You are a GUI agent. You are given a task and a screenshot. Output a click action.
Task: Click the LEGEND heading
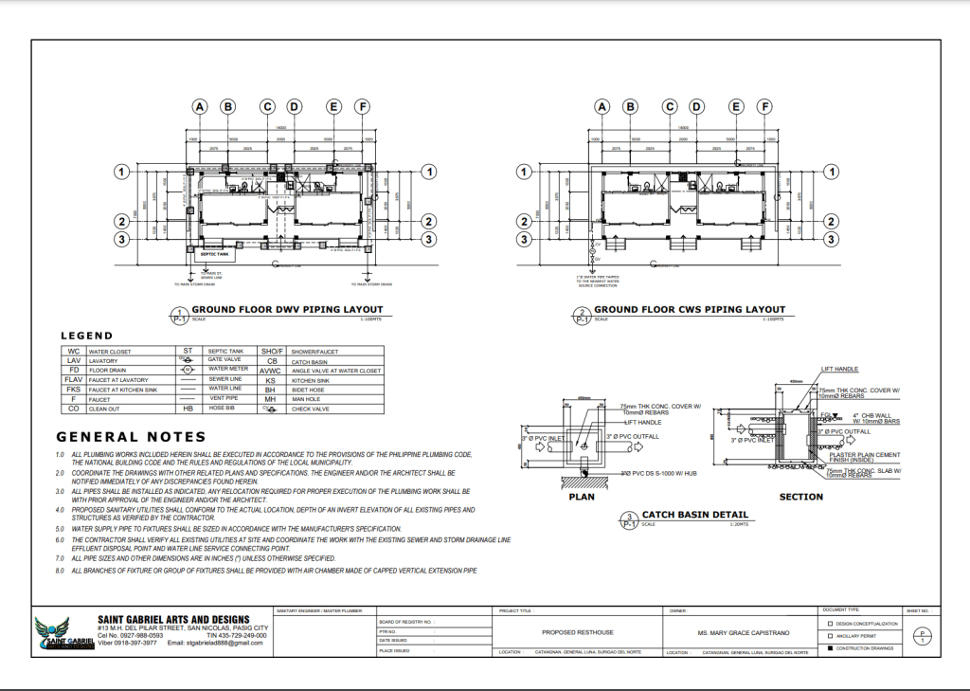pyautogui.click(x=86, y=336)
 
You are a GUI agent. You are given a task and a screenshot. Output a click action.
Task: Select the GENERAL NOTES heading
pyautogui.click(x=131, y=437)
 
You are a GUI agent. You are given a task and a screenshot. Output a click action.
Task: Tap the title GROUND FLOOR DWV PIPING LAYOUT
pyautogui.click(x=287, y=309)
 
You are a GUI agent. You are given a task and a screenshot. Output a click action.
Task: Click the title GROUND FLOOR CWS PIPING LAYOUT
pyautogui.click(x=690, y=309)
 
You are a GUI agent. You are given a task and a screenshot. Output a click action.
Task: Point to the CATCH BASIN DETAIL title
pyautogui.click(x=695, y=515)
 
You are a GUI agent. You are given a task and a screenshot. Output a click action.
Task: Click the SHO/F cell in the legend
pyautogui.click(x=273, y=351)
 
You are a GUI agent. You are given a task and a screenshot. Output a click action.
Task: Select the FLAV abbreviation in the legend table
pyautogui.click(x=72, y=379)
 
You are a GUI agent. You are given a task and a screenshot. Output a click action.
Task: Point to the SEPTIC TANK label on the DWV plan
pyautogui.click(x=214, y=254)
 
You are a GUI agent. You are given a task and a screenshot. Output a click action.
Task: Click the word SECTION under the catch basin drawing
pyautogui.click(x=801, y=497)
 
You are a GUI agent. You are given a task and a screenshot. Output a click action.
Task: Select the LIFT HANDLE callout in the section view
pyautogui.click(x=841, y=368)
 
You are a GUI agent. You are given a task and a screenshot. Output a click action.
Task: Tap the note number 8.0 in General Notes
pyautogui.click(x=60, y=572)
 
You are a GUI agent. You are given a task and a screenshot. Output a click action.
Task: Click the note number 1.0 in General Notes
pyautogui.click(x=60, y=455)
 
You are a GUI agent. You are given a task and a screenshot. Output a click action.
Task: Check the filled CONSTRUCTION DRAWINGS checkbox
pyautogui.click(x=830, y=649)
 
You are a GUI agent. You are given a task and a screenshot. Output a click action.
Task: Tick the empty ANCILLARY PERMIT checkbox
pyautogui.click(x=830, y=636)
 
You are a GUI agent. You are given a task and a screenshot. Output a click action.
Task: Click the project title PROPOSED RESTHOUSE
pyautogui.click(x=579, y=632)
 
